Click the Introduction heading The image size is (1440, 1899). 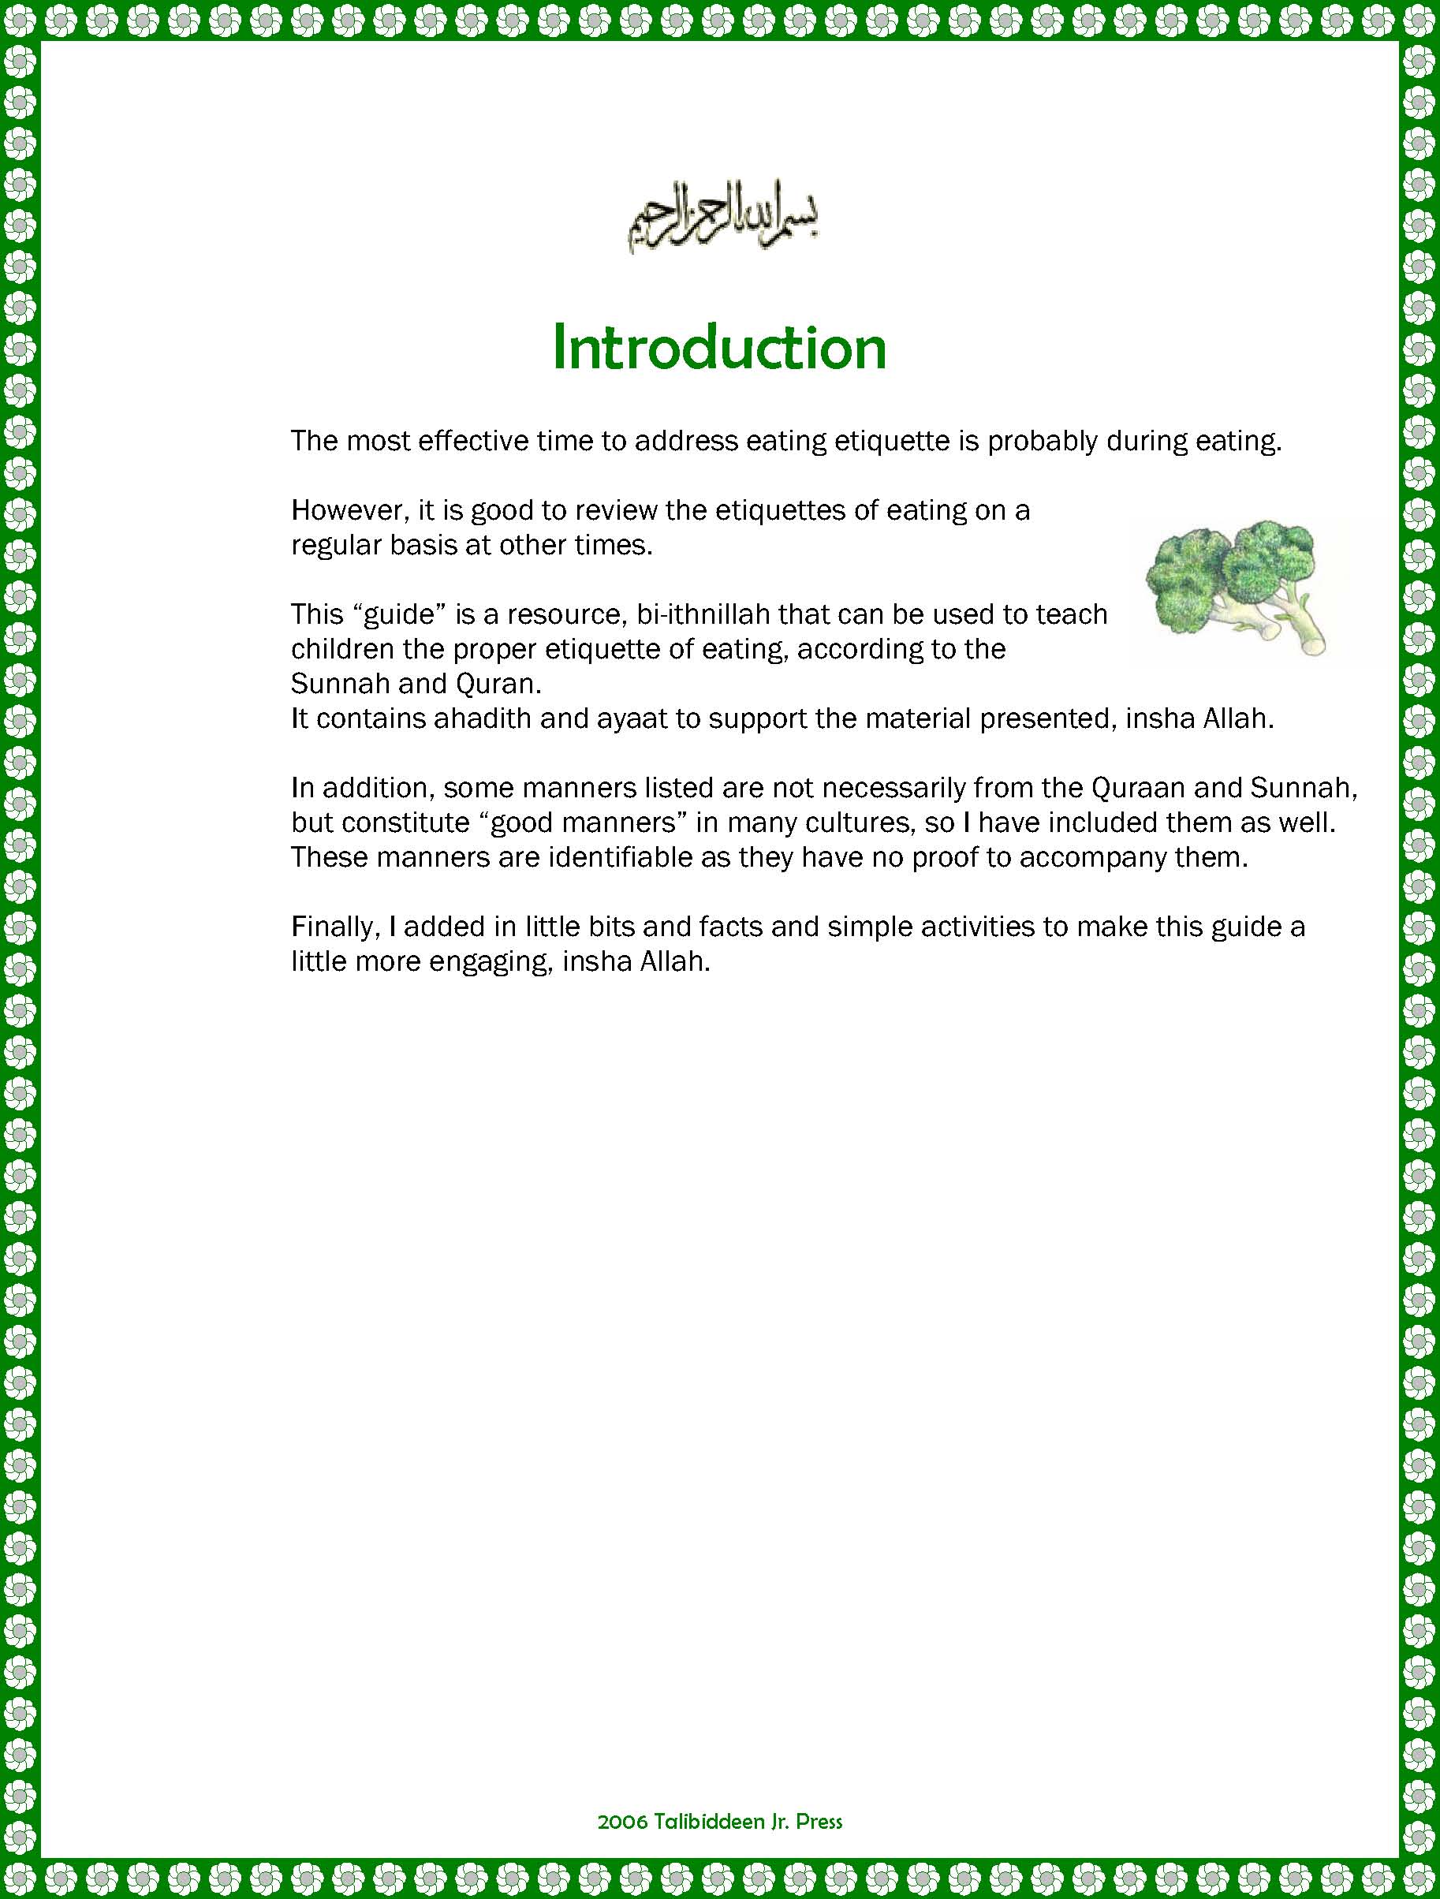pyautogui.click(x=718, y=348)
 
